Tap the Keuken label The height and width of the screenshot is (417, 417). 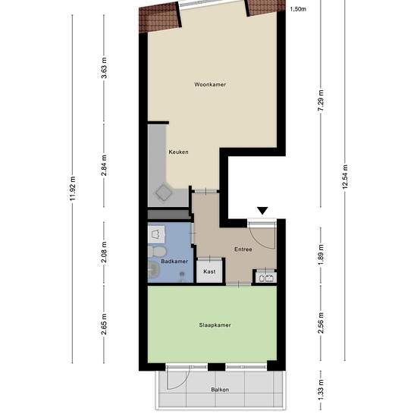(178, 152)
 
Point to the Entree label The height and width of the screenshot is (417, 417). (243, 249)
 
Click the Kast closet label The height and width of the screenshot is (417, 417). (210, 271)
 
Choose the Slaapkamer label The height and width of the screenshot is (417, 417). (215, 325)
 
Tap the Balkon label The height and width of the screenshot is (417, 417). (220, 390)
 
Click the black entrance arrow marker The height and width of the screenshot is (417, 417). (262, 210)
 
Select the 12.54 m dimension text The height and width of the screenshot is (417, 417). (345, 179)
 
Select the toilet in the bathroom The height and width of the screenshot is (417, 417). (158, 251)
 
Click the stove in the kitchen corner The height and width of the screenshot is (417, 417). (162, 193)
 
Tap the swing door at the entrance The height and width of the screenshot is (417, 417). (262, 237)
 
